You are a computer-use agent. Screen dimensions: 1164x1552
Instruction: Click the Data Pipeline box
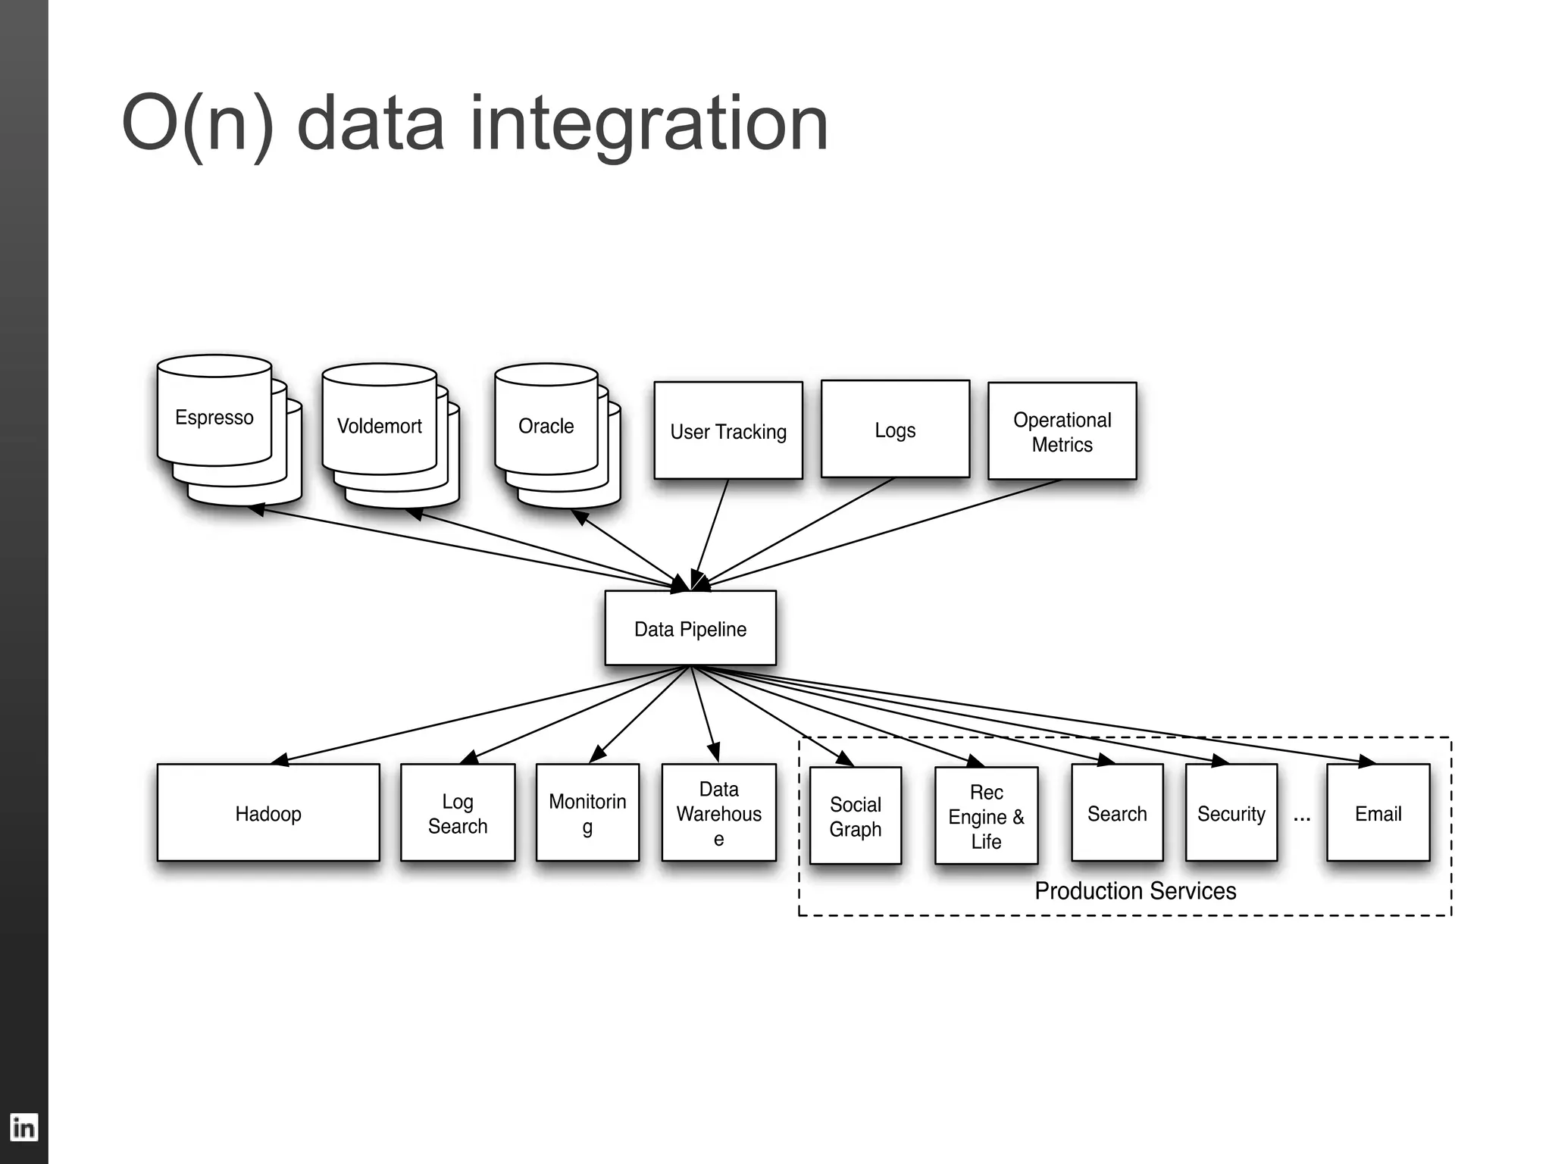coord(690,628)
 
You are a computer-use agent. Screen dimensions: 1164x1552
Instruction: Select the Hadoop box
coord(268,813)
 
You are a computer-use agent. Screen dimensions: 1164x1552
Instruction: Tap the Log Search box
coord(457,813)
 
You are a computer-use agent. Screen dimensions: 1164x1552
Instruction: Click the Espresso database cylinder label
coord(214,418)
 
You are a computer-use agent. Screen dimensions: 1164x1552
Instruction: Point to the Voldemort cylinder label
coord(379,426)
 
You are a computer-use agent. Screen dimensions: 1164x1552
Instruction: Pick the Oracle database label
coord(546,426)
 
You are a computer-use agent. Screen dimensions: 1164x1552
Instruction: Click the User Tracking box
coord(727,431)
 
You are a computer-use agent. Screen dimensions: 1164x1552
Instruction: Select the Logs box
coord(895,430)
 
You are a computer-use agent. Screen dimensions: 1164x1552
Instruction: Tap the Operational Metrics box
coord(1062,431)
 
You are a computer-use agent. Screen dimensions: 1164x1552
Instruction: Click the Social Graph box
coord(855,816)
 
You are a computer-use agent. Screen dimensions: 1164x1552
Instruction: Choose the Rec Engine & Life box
coord(986,816)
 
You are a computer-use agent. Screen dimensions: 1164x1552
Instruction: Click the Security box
coord(1231,813)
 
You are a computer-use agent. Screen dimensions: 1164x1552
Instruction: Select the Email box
coord(1378,813)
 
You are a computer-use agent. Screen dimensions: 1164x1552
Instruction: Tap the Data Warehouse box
coord(718,813)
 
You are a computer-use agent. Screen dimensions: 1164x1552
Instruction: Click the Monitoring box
coord(587,813)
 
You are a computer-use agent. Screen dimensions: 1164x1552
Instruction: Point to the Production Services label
coord(1134,890)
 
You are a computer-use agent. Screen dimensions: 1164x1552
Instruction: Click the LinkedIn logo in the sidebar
coord(23,1128)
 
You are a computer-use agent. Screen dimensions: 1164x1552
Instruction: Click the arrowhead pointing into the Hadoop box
coord(280,760)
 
